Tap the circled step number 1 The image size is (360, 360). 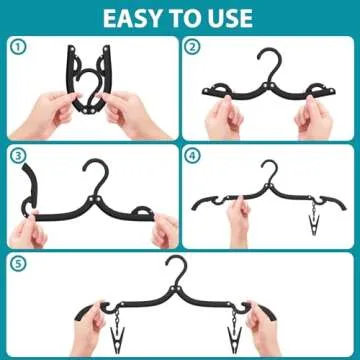click(x=17, y=47)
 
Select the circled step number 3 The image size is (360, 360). click(x=17, y=154)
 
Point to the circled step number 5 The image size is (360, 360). click(x=17, y=263)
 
